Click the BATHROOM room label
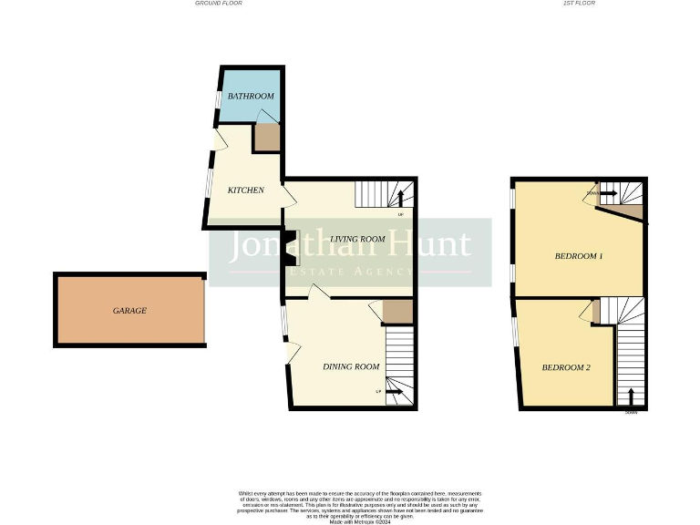[x=251, y=96]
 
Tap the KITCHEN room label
[x=245, y=190]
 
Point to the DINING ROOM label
[x=351, y=366]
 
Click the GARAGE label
[x=129, y=311]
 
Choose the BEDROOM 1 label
[x=579, y=256]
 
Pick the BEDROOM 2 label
[x=566, y=367]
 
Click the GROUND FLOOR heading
[x=219, y=4]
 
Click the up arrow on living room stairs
[x=400, y=200]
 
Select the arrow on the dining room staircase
[x=394, y=392]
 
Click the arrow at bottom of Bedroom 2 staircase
[x=630, y=396]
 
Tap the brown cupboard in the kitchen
[x=266, y=138]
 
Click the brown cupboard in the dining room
[x=397, y=312]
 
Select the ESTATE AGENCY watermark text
[x=350, y=272]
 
